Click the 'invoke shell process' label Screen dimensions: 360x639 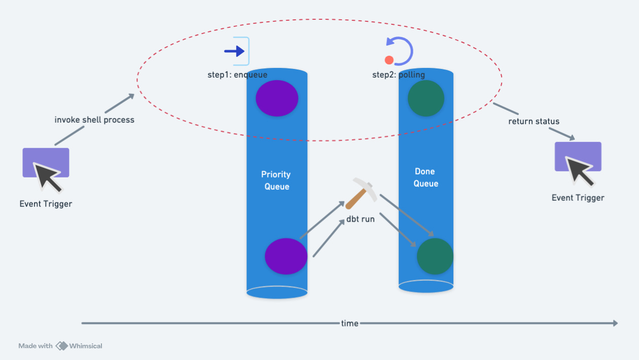coord(94,120)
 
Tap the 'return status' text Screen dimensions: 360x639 coord(534,122)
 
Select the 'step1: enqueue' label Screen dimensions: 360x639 coord(237,75)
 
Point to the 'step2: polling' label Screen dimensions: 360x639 coord(399,75)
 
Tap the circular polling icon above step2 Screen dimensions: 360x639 coord(399,51)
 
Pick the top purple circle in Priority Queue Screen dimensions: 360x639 coord(277,98)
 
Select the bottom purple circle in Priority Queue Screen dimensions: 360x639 coord(286,256)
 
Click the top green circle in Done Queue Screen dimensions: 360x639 coord(426,98)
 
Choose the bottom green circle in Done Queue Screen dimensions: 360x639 coord(435,256)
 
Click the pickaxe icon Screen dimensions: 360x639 coord(361,193)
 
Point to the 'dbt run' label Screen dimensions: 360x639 coord(361,220)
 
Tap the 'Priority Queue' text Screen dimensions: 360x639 coord(276,181)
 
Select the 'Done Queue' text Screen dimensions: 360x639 coord(425,177)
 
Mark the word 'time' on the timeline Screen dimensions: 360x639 coord(349,323)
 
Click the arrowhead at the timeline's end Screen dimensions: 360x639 coord(615,323)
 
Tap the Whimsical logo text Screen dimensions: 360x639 coord(85,346)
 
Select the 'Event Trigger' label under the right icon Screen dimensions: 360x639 coord(578,198)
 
